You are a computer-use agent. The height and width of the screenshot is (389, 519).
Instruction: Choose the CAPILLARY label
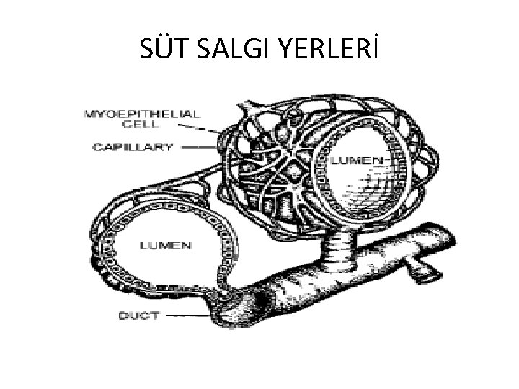coord(133,148)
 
